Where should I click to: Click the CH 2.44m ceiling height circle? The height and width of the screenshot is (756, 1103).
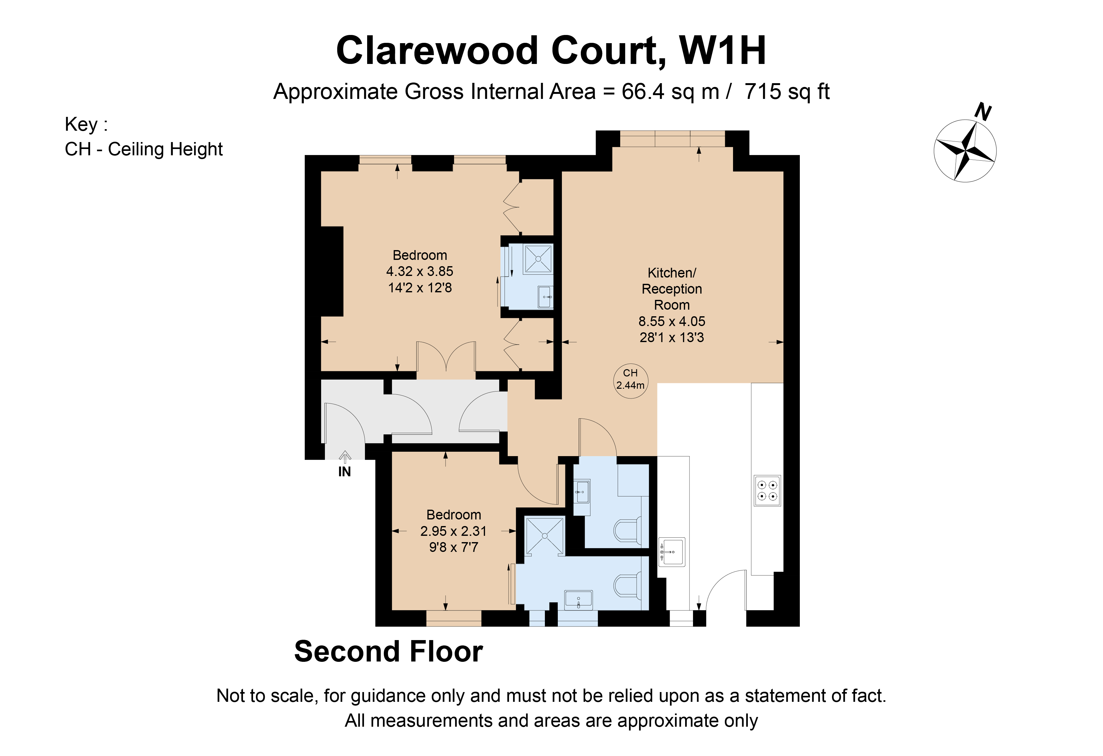click(630, 380)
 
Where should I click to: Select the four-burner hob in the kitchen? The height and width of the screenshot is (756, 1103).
click(767, 490)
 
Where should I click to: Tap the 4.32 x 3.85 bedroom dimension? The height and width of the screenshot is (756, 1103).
click(419, 271)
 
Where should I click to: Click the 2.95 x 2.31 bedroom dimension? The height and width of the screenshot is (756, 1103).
click(453, 531)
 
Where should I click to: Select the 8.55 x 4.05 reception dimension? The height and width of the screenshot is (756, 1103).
click(672, 321)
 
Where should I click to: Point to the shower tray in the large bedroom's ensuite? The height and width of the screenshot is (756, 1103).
click(538, 259)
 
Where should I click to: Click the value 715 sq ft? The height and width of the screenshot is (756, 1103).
click(786, 92)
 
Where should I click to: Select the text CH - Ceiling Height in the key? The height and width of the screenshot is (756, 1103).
click(143, 149)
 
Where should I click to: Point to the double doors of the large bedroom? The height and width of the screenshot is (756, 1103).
click(446, 358)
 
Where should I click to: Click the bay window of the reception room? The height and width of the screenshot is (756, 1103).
click(672, 139)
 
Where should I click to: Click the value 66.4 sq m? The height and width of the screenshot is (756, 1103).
click(670, 92)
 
